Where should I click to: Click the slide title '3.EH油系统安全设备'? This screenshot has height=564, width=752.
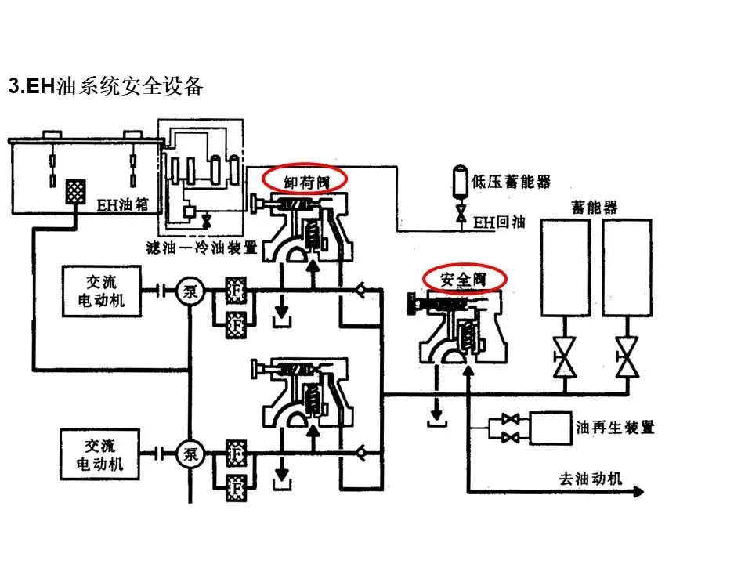click(106, 86)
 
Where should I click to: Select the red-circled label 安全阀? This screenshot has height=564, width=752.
click(463, 279)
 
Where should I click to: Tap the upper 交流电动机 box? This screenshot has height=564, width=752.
click(102, 291)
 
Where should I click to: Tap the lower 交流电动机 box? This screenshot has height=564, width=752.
click(99, 454)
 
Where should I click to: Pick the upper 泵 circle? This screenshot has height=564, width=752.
click(190, 291)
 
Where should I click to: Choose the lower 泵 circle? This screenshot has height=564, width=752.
click(190, 454)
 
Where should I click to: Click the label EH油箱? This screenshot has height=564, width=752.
click(123, 204)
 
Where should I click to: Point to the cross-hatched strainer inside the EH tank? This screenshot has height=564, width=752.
click(76, 193)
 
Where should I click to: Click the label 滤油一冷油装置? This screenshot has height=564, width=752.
click(202, 248)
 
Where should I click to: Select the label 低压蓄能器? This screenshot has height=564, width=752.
click(512, 182)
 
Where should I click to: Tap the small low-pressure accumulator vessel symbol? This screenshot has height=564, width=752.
click(461, 181)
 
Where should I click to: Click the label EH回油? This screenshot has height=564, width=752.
click(499, 222)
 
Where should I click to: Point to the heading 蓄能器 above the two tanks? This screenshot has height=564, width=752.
click(595, 207)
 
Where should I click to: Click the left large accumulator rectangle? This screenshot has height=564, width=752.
click(566, 268)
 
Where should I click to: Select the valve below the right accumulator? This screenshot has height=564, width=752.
click(627, 357)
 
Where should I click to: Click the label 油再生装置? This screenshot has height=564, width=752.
click(615, 428)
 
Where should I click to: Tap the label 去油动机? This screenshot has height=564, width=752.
click(591, 478)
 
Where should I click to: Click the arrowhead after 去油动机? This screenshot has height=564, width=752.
click(639, 492)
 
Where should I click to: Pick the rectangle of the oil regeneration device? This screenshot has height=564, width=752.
click(551, 428)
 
